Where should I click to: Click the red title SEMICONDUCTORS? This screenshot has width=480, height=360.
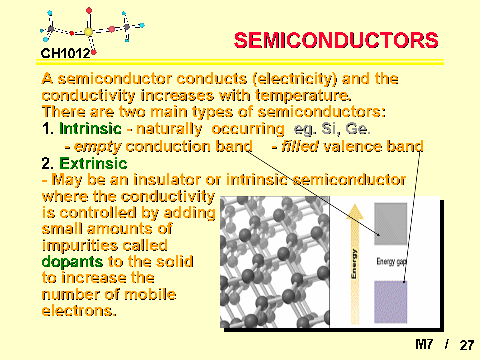336,40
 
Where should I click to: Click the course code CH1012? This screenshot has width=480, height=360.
66,54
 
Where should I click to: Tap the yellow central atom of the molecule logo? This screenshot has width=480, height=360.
88,32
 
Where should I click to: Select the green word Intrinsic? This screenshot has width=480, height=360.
91,129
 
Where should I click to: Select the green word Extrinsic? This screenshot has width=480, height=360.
93,164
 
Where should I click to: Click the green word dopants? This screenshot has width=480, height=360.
72,262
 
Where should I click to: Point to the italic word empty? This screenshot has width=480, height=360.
98,147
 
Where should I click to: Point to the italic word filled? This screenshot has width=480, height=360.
300,146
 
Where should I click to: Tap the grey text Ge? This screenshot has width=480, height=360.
358,129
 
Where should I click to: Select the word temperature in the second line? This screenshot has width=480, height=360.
303,96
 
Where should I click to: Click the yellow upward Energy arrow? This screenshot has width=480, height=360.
355,264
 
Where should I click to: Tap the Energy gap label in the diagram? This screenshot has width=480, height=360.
391,262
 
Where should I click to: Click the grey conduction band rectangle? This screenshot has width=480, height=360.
391,224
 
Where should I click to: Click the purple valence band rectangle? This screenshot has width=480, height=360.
391,302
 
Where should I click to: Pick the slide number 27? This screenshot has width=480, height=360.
467,345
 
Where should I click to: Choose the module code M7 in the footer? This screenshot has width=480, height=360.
424,344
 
